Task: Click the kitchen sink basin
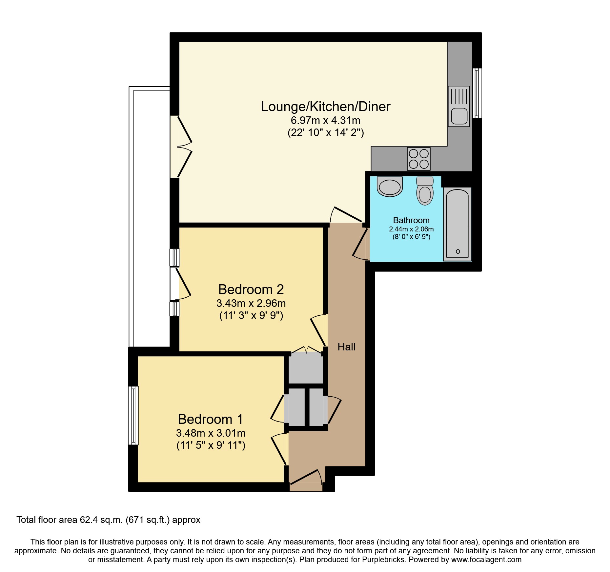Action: pos(459,116)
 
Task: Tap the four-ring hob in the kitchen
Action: pos(419,159)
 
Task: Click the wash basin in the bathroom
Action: pos(390,187)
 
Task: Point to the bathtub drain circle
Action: pos(458,251)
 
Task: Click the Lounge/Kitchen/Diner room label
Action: pos(325,107)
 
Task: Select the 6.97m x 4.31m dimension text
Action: pos(325,120)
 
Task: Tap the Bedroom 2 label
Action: pos(251,289)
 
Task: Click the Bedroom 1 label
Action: pos(210,419)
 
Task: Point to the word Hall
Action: pos(346,347)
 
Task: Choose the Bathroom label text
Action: pos(411,220)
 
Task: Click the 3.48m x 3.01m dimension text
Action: pos(211,433)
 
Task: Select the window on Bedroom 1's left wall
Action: pos(133,415)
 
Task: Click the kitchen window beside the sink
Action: pos(478,93)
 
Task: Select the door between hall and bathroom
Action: pos(361,244)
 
